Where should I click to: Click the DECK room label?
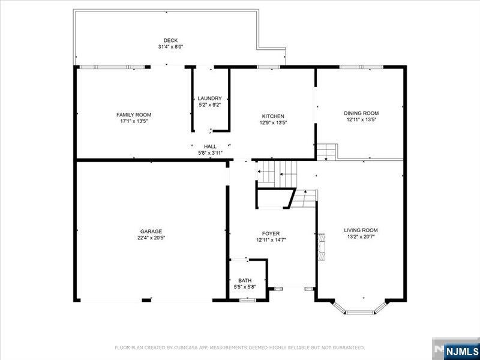pyautogui.click(x=170, y=40)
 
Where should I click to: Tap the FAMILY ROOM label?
pyautogui.click(x=134, y=115)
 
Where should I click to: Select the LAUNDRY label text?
pyautogui.click(x=209, y=98)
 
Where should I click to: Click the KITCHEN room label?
pyautogui.click(x=273, y=116)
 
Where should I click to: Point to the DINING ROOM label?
pyautogui.click(x=361, y=113)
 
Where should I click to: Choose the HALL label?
pyautogui.click(x=211, y=146)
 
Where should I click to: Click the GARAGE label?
pyautogui.click(x=151, y=232)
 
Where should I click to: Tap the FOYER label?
pyautogui.click(x=271, y=234)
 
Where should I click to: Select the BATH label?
pyautogui.click(x=245, y=280)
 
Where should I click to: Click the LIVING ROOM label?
pyautogui.click(x=361, y=230)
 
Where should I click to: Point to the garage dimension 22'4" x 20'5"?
pyautogui.click(x=151, y=237)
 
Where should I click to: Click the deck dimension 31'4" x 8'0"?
pyautogui.click(x=170, y=47)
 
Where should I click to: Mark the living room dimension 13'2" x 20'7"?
pyautogui.click(x=361, y=236)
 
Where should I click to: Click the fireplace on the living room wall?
pyautogui.click(x=321, y=247)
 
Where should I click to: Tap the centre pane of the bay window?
pyautogui.click(x=359, y=312)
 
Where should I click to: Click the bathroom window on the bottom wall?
pyautogui.click(x=248, y=300)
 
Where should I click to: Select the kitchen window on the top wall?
pyautogui.click(x=268, y=67)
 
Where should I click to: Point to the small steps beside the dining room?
pyautogui.click(x=326, y=152)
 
